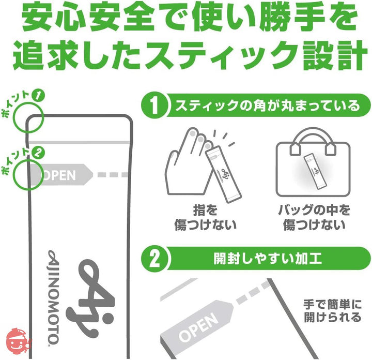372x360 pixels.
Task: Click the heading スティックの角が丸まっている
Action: pos(266,106)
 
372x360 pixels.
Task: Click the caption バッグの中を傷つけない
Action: pos(313,218)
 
